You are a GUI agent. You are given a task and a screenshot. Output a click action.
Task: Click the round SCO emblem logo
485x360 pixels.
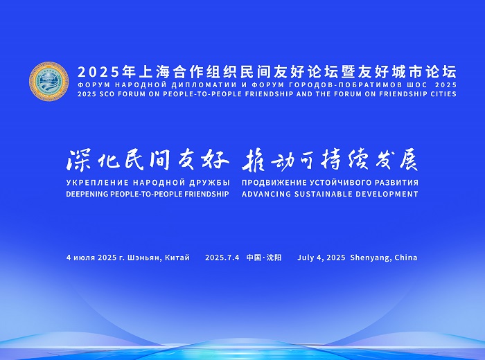[x=49, y=81]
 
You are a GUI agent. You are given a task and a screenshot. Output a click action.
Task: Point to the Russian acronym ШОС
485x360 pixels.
[x=416, y=84]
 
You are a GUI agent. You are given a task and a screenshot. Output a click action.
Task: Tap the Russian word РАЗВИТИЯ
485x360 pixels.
[x=397, y=183]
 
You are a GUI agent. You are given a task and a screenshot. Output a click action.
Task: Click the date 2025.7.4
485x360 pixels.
[x=222, y=258]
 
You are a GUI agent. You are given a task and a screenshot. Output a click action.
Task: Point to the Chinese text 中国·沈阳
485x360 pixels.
[x=264, y=258]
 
